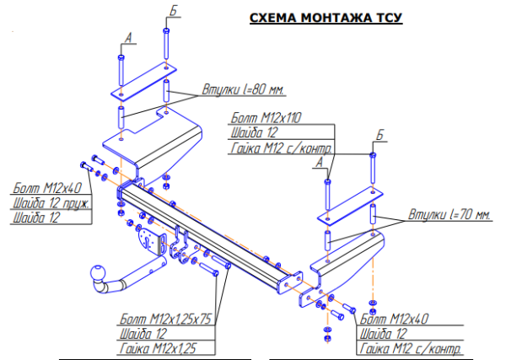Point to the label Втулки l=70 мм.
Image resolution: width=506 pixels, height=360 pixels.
tap(449, 215)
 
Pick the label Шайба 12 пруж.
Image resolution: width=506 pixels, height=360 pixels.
tap(50, 203)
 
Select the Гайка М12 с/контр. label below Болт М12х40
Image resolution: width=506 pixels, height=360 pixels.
tap(411, 347)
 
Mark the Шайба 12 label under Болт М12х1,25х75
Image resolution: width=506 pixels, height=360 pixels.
tap(143, 334)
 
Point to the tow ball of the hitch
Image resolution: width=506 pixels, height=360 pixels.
tap(97, 276)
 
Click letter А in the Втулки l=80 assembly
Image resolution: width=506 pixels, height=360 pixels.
tap(127, 38)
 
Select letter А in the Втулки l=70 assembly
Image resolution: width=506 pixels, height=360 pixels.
tap(319, 160)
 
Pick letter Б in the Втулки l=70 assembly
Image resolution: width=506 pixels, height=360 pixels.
tap(379, 135)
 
